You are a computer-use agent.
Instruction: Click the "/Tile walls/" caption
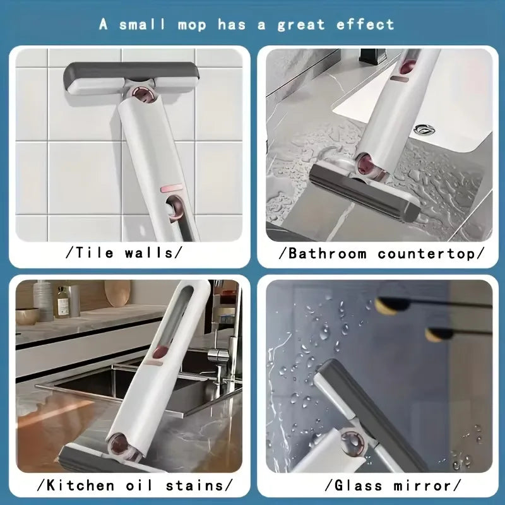(124, 253)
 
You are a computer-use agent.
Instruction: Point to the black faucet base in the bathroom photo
(372, 55)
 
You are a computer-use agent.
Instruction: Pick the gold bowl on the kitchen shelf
(27, 315)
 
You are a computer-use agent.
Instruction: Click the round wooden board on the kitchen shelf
(117, 293)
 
